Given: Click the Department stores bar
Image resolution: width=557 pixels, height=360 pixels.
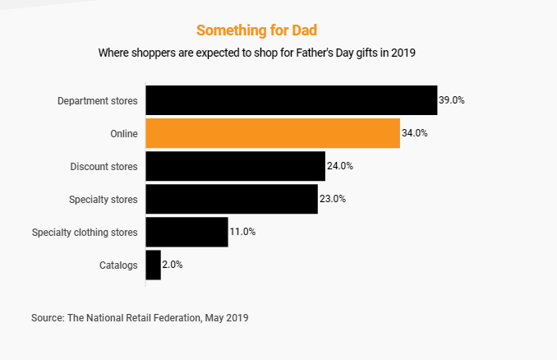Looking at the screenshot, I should pyautogui.click(x=291, y=100).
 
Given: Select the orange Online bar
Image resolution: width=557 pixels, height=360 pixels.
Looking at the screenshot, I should pyautogui.click(x=273, y=133).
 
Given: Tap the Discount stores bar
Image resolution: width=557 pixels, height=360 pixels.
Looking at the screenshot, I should pyautogui.click(x=235, y=166).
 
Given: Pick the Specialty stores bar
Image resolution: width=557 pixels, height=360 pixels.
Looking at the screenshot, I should pyautogui.click(x=232, y=199).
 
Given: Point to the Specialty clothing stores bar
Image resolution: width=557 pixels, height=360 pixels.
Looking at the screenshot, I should pyautogui.click(x=186, y=232).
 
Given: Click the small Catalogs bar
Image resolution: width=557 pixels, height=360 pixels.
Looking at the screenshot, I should pyautogui.click(x=153, y=265).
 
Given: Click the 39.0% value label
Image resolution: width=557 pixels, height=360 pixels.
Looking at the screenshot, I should pyautogui.click(x=452, y=100).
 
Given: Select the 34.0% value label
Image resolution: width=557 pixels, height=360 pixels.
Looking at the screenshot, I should pyautogui.click(x=415, y=133).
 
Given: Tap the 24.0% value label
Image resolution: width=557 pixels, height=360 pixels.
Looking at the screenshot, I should pyautogui.click(x=340, y=166).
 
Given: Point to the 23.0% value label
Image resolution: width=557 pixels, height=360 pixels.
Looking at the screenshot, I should pyautogui.click(x=333, y=199).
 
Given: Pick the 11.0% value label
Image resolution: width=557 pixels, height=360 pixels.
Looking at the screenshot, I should pyautogui.click(x=242, y=232).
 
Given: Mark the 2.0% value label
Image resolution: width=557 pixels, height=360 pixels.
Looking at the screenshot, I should pyautogui.click(x=173, y=265).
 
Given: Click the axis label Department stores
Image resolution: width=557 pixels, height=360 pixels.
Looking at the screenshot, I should pyautogui.click(x=98, y=101).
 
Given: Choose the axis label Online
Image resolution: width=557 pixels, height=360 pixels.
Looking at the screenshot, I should pyautogui.click(x=124, y=134).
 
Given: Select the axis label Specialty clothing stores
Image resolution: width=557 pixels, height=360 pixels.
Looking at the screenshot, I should pyautogui.click(x=85, y=233).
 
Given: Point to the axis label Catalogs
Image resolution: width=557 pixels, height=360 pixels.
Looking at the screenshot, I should pyautogui.click(x=118, y=265).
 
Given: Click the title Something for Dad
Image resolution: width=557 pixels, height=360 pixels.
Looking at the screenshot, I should pyautogui.click(x=257, y=30).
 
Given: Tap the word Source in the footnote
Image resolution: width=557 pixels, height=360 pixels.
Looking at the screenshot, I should pyautogui.click(x=46, y=317).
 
